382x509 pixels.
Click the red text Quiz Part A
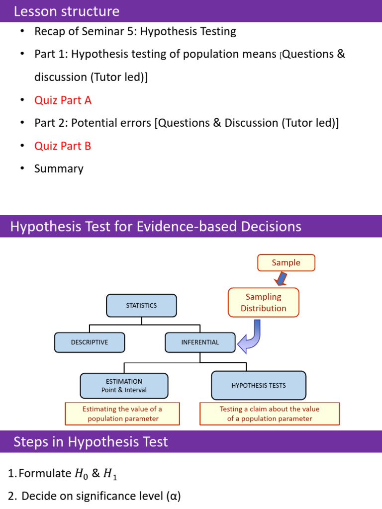coord(63,100)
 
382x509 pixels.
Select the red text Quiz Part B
coord(63,146)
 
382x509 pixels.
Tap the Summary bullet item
coord(59,169)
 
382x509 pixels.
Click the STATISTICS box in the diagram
coord(142,306)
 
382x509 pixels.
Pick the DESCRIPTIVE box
coord(90,342)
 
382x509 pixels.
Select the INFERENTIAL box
coord(200,342)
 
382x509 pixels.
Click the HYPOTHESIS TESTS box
coord(259,385)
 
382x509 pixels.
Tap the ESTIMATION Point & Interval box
coord(124,385)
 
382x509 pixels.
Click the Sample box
coord(286,262)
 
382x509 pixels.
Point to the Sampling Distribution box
coord(264,302)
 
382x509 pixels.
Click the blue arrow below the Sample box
coord(281,279)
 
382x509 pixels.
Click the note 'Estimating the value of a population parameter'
coord(122,414)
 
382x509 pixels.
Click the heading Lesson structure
coord(67,11)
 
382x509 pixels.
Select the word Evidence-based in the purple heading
coord(187,227)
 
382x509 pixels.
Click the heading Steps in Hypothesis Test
coord(91,442)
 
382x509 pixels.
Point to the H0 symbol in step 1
coord(81,474)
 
